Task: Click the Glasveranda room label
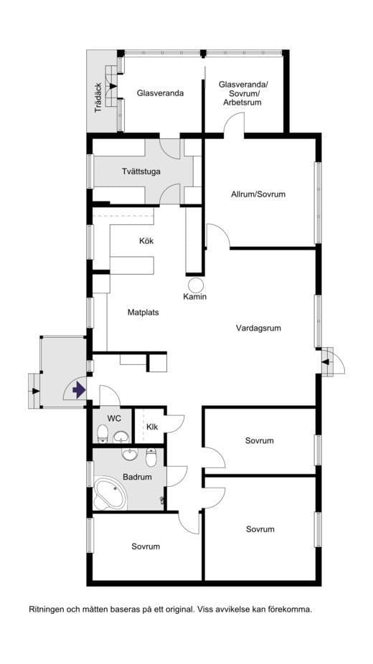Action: [x=160, y=93]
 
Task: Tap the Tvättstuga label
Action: [x=141, y=171]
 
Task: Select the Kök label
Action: [x=146, y=241]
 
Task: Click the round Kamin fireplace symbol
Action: [x=194, y=283]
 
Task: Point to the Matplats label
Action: [x=143, y=313]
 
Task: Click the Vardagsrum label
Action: [x=258, y=328]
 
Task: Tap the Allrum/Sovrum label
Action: [x=258, y=194]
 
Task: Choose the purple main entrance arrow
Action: [x=80, y=390]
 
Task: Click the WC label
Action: [x=114, y=417]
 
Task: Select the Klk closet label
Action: [x=152, y=427]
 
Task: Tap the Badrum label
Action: [x=137, y=476]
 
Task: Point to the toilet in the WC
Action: [x=103, y=433]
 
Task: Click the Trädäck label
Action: [x=99, y=98]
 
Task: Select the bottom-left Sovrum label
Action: [x=146, y=546]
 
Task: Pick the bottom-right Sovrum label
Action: [x=260, y=529]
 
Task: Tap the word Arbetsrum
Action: [x=242, y=103]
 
